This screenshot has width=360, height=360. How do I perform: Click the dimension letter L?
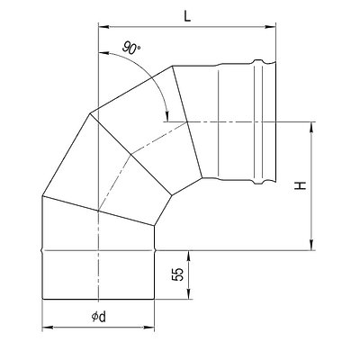(x=185, y=15)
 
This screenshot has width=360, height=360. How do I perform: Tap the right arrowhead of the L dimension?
(x=268, y=27)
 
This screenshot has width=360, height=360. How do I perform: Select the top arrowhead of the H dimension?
(x=310, y=126)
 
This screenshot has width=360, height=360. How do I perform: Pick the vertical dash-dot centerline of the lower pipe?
(x=97, y=270)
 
